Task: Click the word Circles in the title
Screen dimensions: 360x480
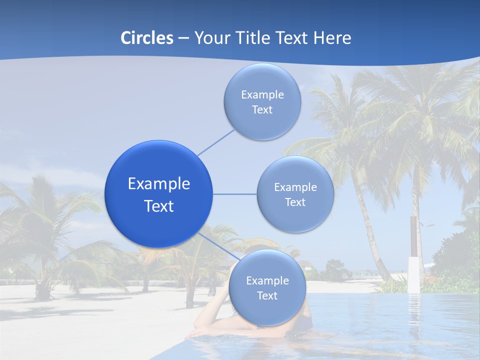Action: coord(147,38)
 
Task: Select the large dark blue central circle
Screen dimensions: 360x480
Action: coord(159,194)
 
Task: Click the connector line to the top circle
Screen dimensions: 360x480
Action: coord(216,142)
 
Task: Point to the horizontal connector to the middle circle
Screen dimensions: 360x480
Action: coord(235,194)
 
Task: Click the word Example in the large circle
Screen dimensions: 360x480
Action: coord(159,184)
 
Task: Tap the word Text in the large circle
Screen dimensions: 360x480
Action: coord(159,206)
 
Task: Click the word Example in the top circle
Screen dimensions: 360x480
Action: coord(262,95)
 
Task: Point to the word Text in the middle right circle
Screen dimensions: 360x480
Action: coord(295,202)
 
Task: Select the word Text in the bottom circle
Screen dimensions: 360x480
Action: coord(267,296)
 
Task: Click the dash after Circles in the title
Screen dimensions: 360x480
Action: coord(183,38)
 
